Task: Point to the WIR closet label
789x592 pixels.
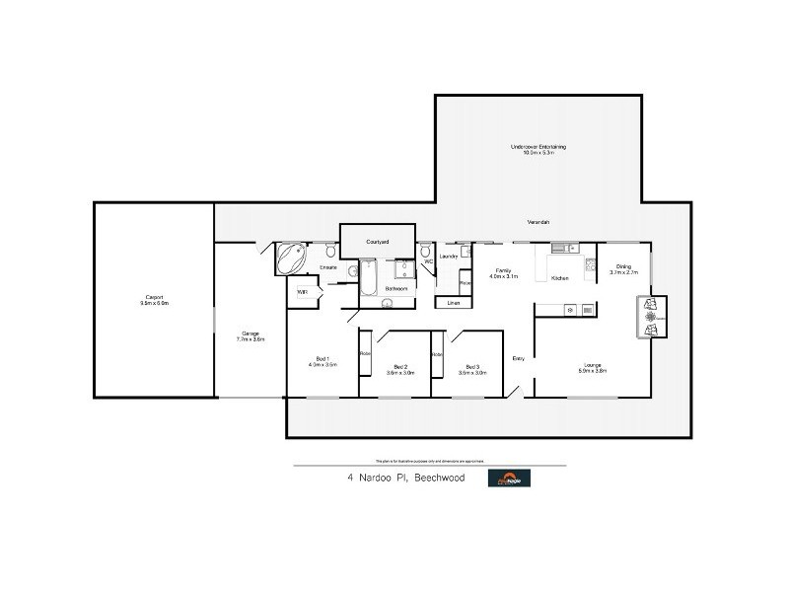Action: tap(303, 292)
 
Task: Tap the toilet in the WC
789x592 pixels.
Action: tap(425, 254)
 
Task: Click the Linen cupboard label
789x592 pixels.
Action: tap(453, 303)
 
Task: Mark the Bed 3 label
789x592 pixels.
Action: tap(472, 369)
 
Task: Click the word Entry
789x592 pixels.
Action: tap(518, 358)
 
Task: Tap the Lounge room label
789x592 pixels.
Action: tap(593, 369)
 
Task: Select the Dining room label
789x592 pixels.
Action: tap(623, 268)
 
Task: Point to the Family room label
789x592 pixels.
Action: tap(504, 272)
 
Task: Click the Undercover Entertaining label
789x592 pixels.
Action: tap(538, 149)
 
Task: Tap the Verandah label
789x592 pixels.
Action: tap(538, 220)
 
